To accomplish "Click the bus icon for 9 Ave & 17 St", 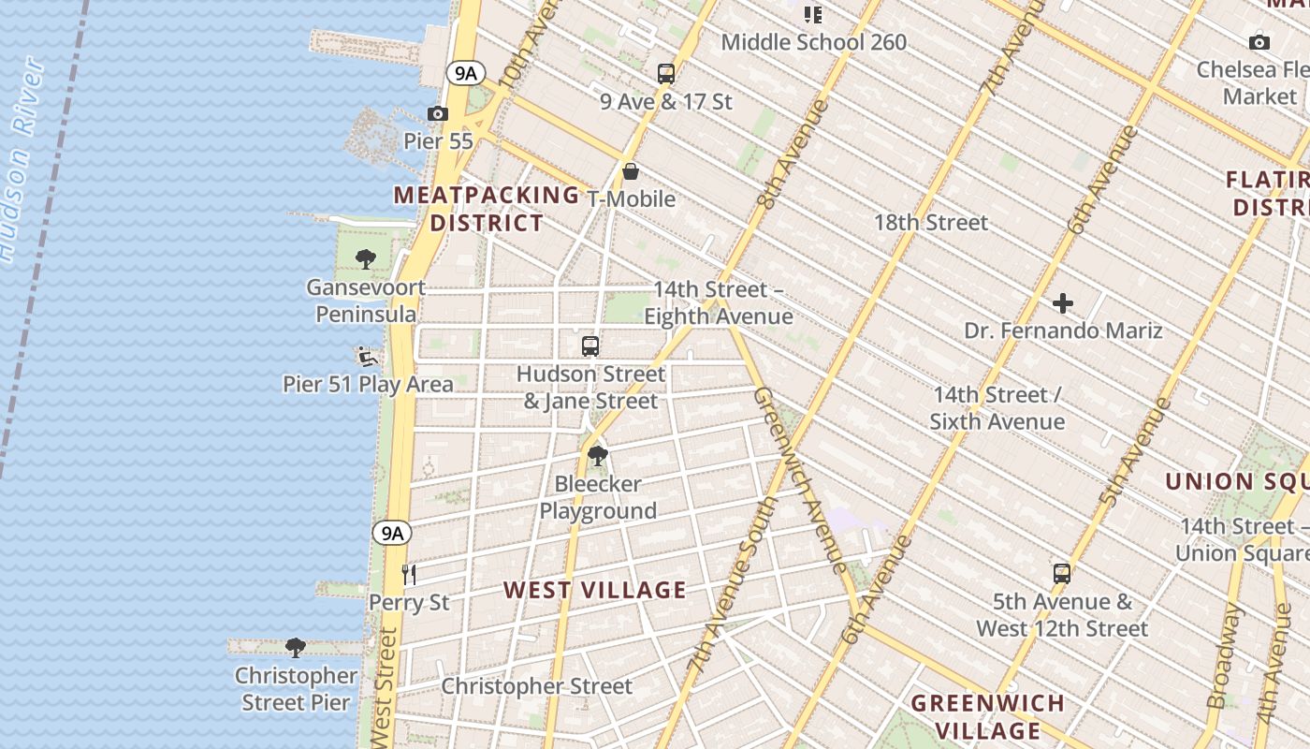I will [666, 74].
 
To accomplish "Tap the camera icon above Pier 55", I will [437, 114].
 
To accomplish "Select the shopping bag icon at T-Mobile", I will [631, 171].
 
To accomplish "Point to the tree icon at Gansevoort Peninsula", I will [366, 259].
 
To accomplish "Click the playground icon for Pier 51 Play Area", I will [367, 357].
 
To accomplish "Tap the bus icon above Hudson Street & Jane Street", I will [589, 346].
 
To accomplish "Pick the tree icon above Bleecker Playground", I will [597, 457].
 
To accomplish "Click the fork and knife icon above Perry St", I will [408, 574].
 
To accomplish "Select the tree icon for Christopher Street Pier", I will [296, 648].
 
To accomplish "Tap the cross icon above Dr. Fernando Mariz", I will [1063, 303].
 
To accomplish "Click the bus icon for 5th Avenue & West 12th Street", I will [1061, 574].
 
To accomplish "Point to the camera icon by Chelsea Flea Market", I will [1259, 42].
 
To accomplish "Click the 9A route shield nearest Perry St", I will [392, 533].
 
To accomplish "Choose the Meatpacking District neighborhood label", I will [487, 209].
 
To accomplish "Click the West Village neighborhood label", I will [595, 590].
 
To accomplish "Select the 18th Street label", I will [930, 223].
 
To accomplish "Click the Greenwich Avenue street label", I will [800, 477].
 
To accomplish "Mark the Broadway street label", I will [1227, 655].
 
